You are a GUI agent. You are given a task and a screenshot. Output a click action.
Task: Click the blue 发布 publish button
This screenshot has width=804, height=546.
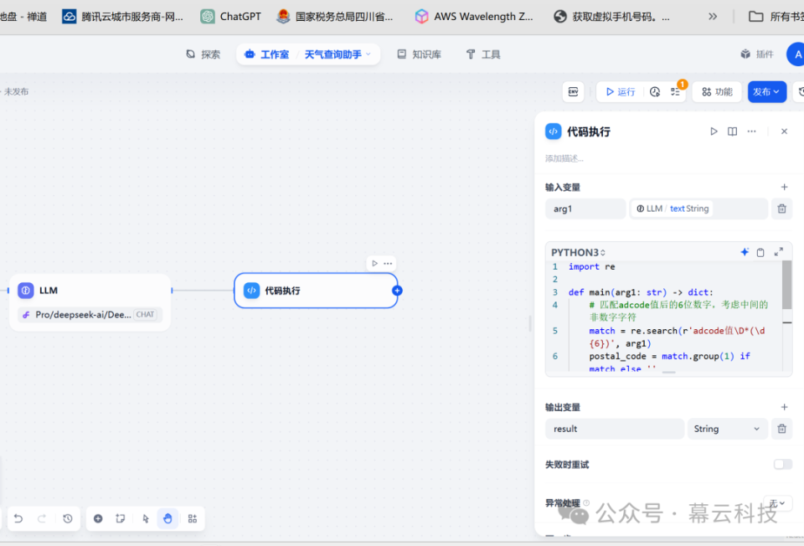(x=765, y=92)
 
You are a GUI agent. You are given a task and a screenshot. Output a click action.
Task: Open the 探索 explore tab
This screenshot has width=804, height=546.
(x=203, y=54)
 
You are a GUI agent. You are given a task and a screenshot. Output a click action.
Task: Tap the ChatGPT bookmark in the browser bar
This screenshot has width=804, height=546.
(x=231, y=16)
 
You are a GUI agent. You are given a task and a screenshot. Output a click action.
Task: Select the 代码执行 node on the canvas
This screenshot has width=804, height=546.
(x=315, y=291)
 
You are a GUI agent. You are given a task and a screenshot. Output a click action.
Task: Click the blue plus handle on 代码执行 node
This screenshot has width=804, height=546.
(x=397, y=291)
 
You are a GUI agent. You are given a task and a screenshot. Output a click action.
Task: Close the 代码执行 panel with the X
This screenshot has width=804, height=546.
(x=784, y=131)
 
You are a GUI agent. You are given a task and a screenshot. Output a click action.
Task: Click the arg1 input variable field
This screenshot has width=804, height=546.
(x=585, y=209)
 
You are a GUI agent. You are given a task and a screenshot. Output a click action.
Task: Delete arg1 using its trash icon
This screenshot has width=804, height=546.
(x=781, y=209)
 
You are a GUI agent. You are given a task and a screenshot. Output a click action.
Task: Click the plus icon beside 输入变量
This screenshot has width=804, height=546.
(x=784, y=187)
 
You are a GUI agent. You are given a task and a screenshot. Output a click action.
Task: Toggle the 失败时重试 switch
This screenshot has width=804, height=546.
(x=782, y=464)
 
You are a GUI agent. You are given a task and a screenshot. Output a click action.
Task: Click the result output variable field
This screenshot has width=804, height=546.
(x=614, y=429)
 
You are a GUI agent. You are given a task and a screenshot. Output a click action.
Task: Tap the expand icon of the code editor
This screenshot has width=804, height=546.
(x=779, y=252)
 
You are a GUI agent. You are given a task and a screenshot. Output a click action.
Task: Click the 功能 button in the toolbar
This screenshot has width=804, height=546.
(x=717, y=92)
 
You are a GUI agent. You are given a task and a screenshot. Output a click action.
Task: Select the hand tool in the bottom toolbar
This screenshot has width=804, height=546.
(x=167, y=518)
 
